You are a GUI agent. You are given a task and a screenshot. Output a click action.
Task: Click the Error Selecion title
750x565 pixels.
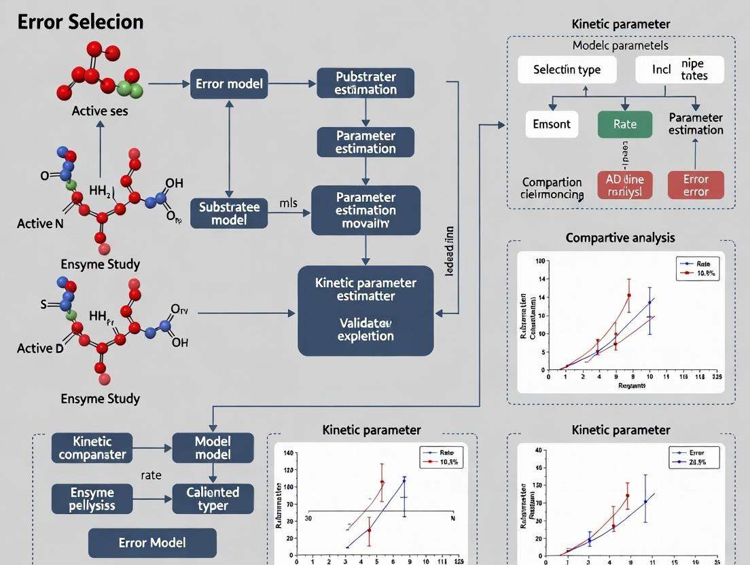80,22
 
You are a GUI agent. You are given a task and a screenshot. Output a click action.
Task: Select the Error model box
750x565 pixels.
228,84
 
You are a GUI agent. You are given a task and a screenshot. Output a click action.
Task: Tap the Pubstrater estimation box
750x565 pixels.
365,83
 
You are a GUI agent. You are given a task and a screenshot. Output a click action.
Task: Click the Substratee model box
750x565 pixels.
228,213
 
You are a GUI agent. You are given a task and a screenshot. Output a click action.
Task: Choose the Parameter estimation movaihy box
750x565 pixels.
365,211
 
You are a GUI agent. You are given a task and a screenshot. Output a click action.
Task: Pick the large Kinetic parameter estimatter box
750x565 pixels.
365,310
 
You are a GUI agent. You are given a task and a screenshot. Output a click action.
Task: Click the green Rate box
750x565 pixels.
624,124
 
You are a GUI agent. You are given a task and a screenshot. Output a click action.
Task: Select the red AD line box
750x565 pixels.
624,185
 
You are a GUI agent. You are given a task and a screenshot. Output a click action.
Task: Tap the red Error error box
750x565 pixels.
695,185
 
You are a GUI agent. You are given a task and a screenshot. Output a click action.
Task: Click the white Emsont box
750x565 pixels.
552,124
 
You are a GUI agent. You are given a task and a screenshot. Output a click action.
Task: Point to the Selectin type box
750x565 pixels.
567,70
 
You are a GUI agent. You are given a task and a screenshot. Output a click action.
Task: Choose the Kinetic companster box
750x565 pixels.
92,448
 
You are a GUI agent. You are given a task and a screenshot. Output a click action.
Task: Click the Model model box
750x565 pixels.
213,448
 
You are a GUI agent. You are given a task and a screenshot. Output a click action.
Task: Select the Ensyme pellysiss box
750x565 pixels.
92,499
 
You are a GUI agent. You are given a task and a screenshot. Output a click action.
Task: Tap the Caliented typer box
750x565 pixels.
213,499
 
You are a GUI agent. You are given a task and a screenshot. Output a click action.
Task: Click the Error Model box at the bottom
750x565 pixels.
152,543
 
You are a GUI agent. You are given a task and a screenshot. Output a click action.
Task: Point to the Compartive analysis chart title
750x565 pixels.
620,238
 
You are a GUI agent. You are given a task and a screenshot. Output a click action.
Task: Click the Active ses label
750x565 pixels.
99,111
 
